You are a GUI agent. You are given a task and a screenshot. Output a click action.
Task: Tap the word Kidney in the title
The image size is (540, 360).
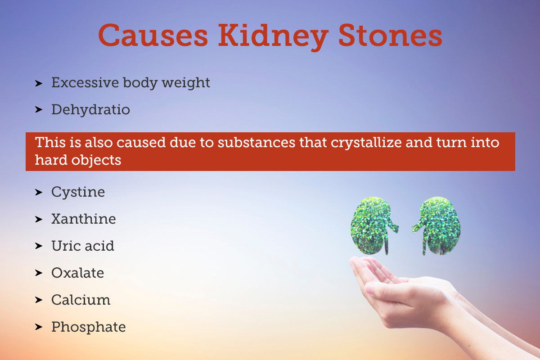[x=271, y=36]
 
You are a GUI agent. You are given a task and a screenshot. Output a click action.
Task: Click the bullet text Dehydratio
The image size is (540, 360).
[x=90, y=109]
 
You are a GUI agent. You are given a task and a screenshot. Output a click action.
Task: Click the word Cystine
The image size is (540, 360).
[x=78, y=192]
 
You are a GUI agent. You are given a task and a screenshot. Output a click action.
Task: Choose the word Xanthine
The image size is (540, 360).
[x=83, y=219]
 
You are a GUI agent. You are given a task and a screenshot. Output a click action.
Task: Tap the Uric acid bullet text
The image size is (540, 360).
[x=83, y=246]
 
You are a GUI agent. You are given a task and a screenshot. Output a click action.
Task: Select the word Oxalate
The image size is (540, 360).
[x=77, y=273]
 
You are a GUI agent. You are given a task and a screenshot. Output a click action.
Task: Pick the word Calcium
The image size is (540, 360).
[x=81, y=300]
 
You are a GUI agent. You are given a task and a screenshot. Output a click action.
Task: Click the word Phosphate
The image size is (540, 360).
[x=88, y=327]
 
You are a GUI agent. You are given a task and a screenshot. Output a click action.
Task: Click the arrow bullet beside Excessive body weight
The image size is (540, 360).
[x=39, y=83]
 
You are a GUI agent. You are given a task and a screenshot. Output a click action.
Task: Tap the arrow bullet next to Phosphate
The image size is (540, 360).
[x=39, y=327]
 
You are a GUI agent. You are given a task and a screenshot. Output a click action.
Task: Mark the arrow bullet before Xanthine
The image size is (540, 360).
[x=39, y=219]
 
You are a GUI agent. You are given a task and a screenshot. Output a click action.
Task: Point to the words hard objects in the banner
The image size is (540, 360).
[x=78, y=160]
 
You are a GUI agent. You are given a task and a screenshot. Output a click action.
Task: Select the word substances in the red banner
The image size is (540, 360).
[x=252, y=143]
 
